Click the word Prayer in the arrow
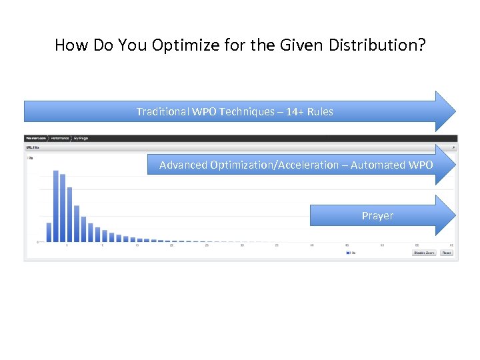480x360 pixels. (377, 215)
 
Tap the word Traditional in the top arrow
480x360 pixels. (163, 111)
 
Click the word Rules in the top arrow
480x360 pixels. (321, 111)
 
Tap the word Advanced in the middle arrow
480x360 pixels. (183, 165)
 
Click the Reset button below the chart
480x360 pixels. (446, 253)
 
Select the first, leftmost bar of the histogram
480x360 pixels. (49, 231)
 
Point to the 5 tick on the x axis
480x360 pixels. (67, 246)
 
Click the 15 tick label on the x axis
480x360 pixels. (137, 246)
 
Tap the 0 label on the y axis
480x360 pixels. (37, 241)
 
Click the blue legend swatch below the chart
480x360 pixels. (347, 253)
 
